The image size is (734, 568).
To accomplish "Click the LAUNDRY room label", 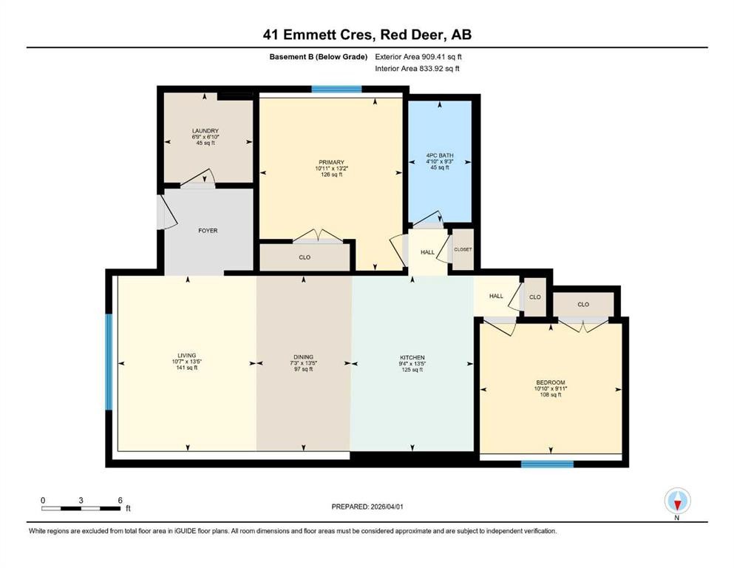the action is click(205, 131).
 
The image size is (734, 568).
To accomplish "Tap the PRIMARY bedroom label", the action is click(331, 163).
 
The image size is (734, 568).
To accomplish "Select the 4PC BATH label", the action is click(440, 155).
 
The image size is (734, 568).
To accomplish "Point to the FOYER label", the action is click(208, 231).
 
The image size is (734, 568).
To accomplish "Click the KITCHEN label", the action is click(412, 358).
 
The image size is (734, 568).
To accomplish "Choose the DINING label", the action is click(303, 356).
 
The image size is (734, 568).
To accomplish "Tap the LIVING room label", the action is click(187, 356).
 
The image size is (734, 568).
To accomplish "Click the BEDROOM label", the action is click(551, 382).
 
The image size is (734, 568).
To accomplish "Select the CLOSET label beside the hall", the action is click(463, 249).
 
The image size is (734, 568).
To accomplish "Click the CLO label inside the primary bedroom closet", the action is click(305, 257).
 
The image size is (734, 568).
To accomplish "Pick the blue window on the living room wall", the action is click(109, 362).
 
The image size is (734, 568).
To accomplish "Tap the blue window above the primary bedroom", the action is click(336, 89).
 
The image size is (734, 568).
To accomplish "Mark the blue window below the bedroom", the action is click(548, 464).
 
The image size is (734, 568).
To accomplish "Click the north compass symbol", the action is click(677, 501).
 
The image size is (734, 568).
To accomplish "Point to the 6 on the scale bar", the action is click(120, 500).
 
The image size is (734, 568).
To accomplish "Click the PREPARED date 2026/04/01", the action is click(387, 507).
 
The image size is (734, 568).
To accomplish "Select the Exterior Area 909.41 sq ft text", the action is click(418, 57).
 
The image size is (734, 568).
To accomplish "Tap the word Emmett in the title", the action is click(319, 35).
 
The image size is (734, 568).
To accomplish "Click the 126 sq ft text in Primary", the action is click(331, 175).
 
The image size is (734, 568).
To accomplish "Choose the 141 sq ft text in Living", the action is click(187, 368).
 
